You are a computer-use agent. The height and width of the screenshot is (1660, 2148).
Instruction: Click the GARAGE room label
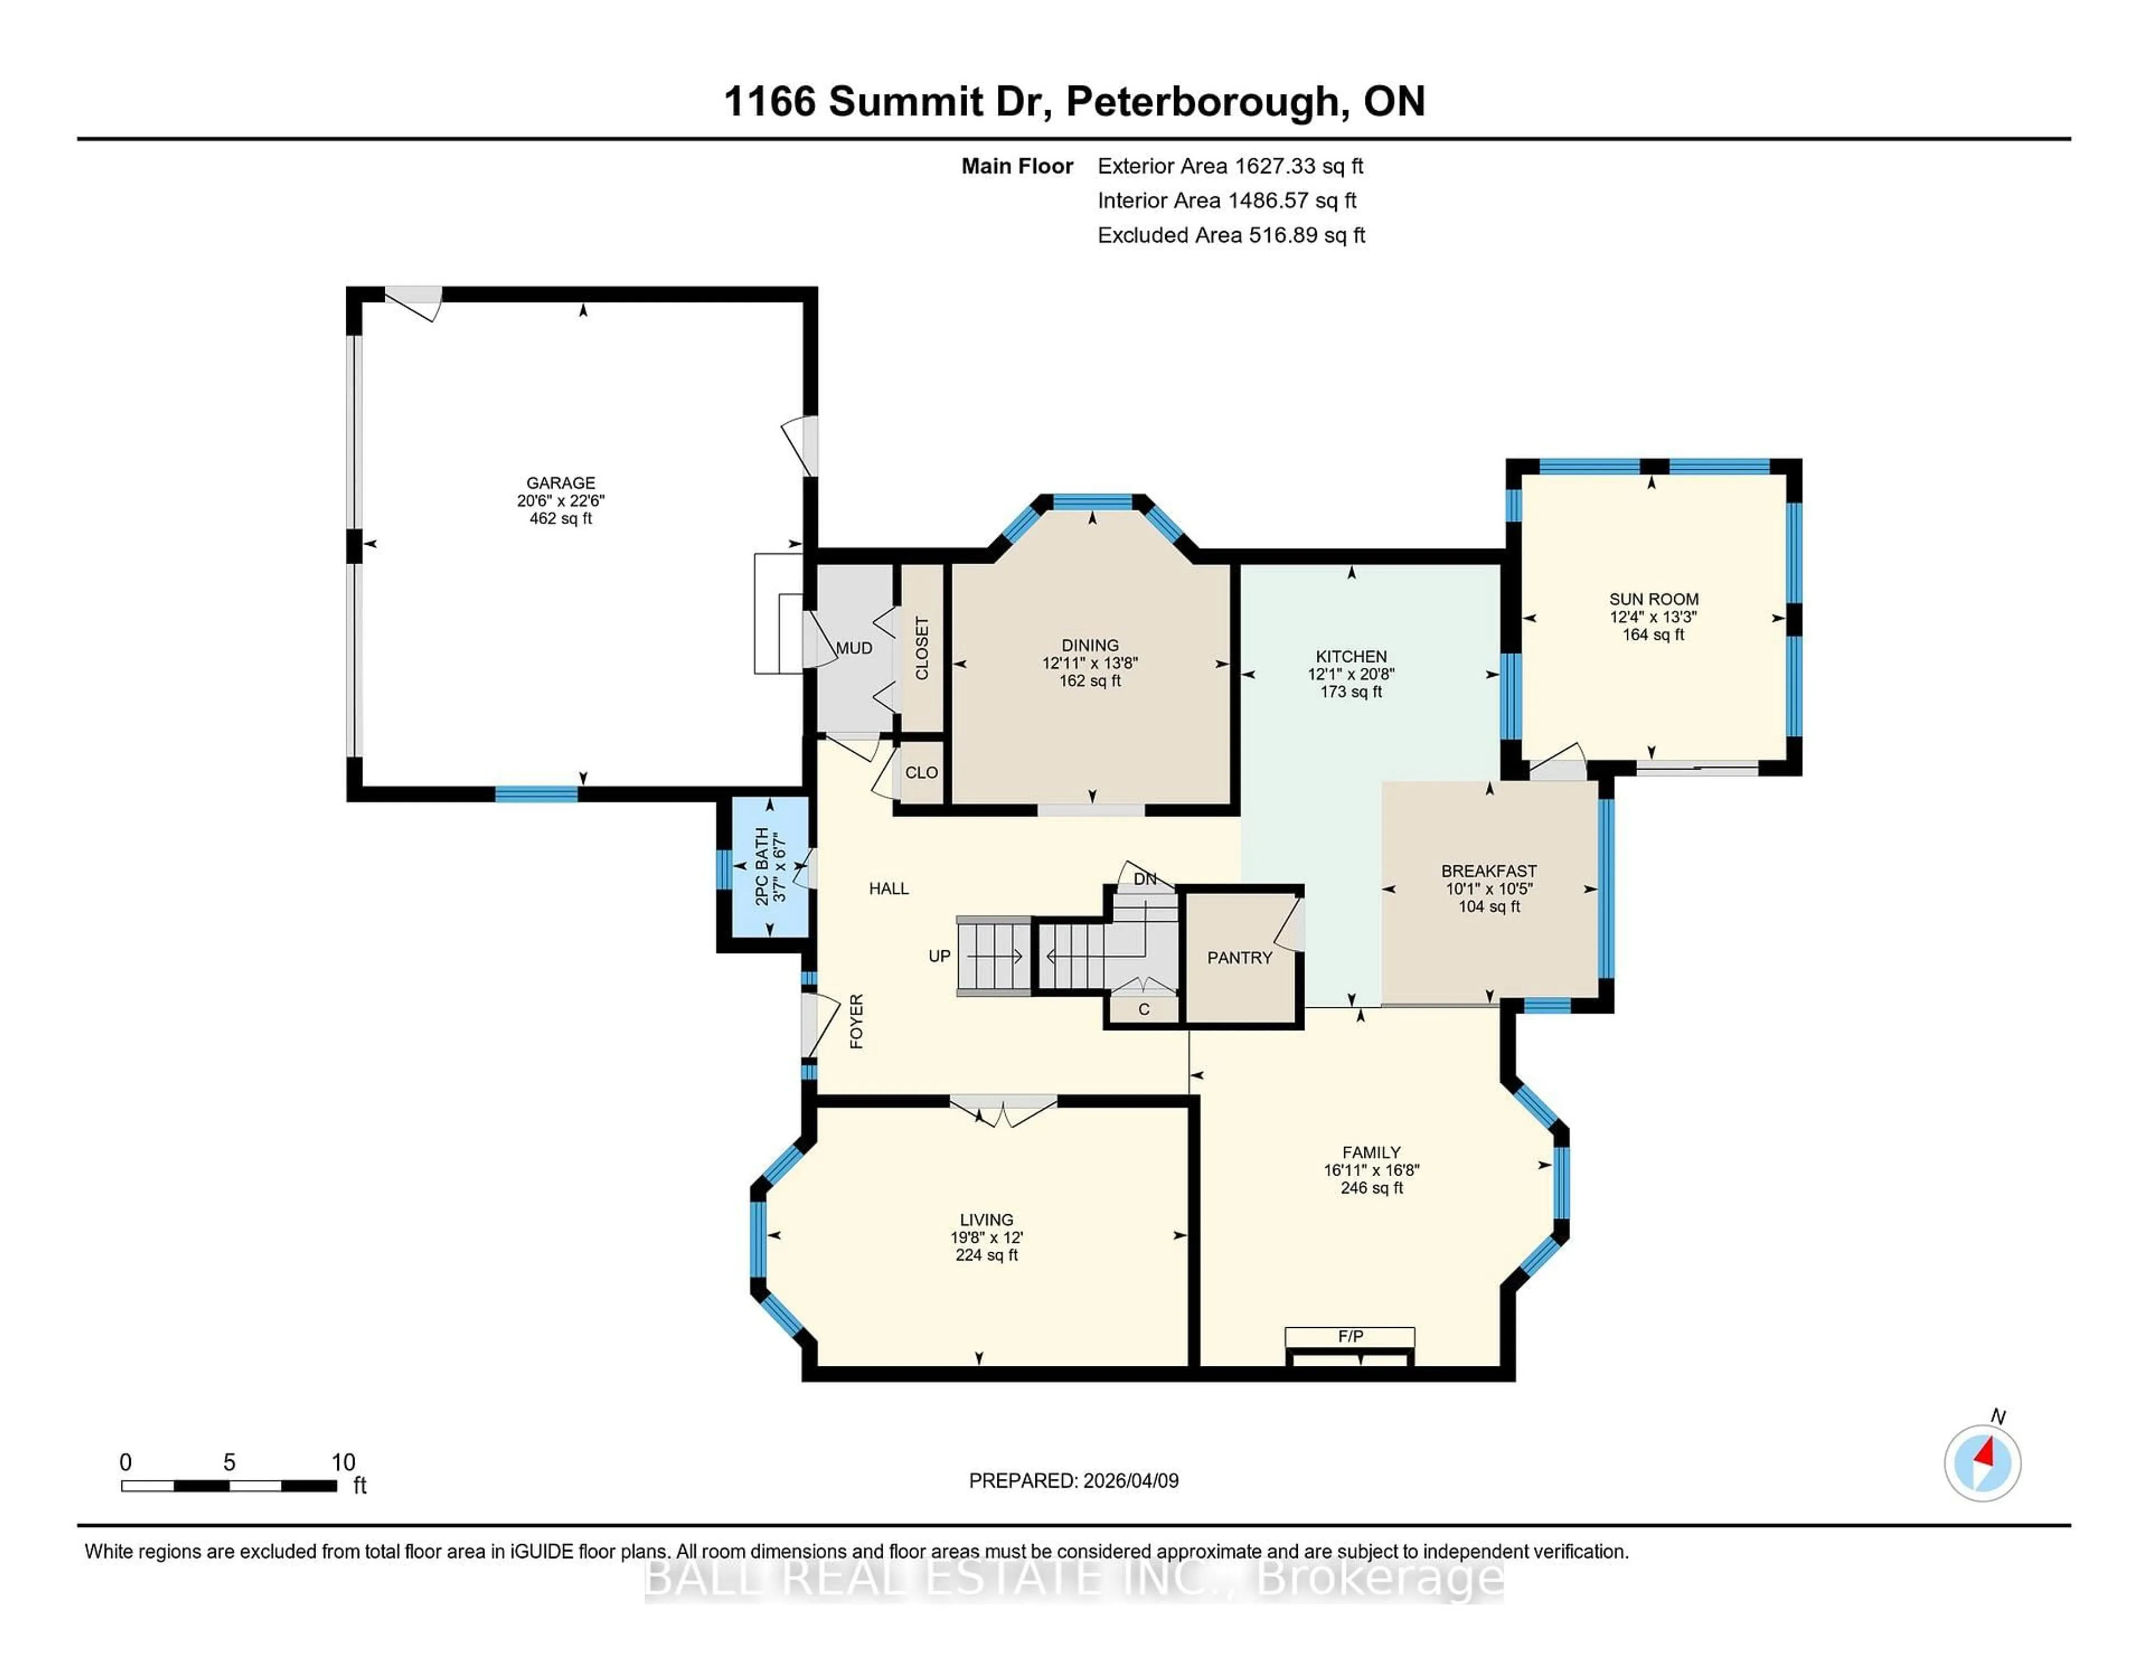[x=560, y=483]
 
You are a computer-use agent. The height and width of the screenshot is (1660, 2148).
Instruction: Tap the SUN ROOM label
[x=1654, y=599]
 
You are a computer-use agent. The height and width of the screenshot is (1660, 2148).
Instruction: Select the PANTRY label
[x=1239, y=957]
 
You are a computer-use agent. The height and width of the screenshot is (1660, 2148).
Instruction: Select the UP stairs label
[x=939, y=955]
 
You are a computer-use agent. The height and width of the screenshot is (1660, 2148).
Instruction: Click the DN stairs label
[x=1145, y=878]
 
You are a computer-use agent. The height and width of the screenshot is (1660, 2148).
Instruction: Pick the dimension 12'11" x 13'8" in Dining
[x=1090, y=663]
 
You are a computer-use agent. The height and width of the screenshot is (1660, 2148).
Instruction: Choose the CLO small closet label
[x=921, y=772]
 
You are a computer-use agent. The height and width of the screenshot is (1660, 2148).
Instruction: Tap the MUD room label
[x=854, y=648]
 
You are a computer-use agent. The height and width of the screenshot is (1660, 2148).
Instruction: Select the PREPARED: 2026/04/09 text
[x=1073, y=1480]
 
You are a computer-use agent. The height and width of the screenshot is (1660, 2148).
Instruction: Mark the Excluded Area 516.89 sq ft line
[x=1231, y=235]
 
